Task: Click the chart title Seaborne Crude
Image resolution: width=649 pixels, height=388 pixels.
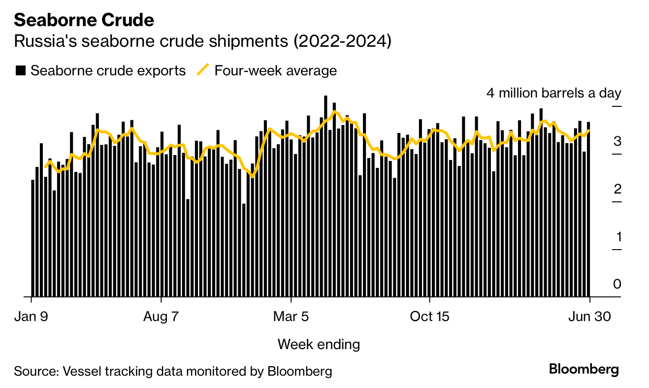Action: pyautogui.click(x=84, y=20)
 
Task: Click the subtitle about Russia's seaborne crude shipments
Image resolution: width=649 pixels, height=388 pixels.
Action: pyautogui.click(x=202, y=41)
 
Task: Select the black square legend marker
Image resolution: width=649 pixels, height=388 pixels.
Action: pyautogui.click(x=21, y=70)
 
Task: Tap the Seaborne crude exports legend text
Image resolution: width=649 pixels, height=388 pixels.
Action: pyautogui.click(x=108, y=70)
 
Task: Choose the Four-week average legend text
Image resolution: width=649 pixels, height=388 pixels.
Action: pyautogui.click(x=275, y=70)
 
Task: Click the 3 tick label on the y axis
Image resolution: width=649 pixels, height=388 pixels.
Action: pyautogui.click(x=617, y=142)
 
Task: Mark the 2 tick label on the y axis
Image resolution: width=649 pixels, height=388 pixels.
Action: pyautogui.click(x=617, y=190)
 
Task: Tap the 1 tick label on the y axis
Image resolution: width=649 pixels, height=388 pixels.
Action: pyautogui.click(x=617, y=237)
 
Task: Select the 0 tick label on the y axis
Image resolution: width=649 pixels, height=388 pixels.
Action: pyautogui.click(x=617, y=284)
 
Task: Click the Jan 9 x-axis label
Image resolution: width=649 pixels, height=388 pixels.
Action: pyautogui.click(x=32, y=316)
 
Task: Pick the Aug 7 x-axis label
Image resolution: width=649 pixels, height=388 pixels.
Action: pyautogui.click(x=162, y=316)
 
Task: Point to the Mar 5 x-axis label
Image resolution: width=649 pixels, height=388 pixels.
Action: pyautogui.click(x=292, y=316)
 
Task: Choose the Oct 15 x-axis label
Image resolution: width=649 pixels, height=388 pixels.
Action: pyautogui.click(x=429, y=316)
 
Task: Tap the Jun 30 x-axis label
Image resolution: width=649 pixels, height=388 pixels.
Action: pyautogui.click(x=590, y=316)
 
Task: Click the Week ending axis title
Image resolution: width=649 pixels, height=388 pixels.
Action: pyautogui.click(x=319, y=344)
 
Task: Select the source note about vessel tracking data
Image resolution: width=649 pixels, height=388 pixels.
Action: pyautogui.click(x=173, y=371)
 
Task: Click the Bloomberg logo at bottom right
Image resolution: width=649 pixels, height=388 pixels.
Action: pyautogui.click(x=584, y=369)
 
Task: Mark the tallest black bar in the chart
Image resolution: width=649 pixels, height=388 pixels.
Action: pyautogui.click(x=325, y=197)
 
